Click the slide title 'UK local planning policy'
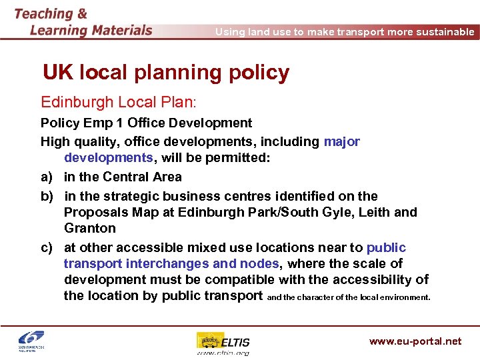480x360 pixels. tap(166, 73)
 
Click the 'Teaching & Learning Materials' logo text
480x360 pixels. tap(83, 22)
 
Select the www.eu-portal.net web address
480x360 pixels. tap(415, 341)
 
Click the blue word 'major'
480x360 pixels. tap(341, 141)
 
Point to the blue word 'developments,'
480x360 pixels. tap(109, 158)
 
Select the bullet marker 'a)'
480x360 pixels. tap(47, 177)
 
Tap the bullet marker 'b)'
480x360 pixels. tap(47, 196)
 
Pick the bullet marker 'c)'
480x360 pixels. tap(47, 248)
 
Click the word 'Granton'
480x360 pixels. tap(90, 228)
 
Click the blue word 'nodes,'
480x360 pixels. tap(265, 263)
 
